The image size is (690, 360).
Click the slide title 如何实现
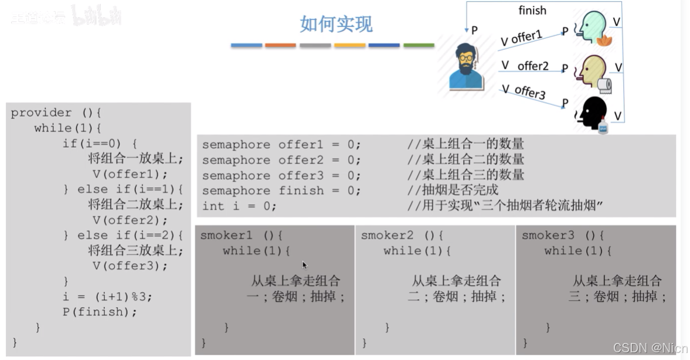click(336, 24)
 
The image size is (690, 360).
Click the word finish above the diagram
click(532, 11)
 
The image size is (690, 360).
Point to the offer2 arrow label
click(533, 66)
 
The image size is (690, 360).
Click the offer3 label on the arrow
click(530, 92)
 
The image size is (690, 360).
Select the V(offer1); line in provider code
click(130, 174)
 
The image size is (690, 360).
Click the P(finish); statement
click(100, 312)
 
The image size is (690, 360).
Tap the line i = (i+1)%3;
click(107, 297)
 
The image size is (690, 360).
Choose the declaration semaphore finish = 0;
click(281, 191)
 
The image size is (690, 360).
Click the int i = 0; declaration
click(239, 206)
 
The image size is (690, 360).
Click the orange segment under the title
click(280, 45)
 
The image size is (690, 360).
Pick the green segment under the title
click(419, 45)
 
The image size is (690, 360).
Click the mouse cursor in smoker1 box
click(305, 265)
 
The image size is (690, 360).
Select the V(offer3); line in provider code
click(130, 266)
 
